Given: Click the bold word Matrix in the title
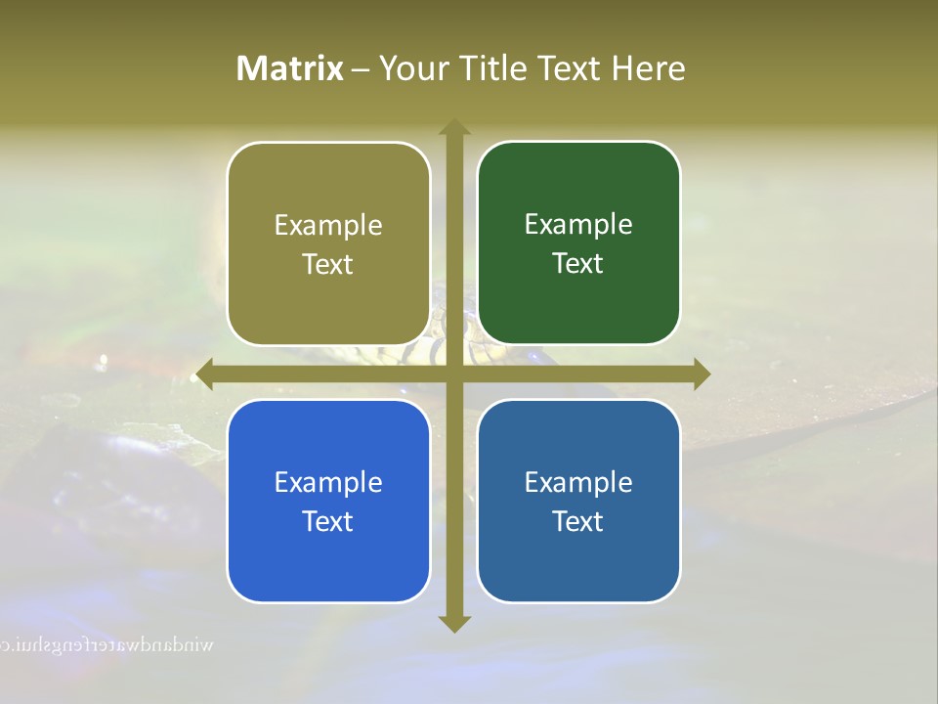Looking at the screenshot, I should click(289, 68).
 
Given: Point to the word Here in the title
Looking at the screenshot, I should click(649, 68).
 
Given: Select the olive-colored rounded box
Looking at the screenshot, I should click(328, 244).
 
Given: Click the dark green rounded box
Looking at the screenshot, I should click(578, 243).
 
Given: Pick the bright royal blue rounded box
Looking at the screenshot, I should click(328, 502).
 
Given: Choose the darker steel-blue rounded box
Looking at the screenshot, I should click(578, 502).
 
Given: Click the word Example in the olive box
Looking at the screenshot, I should click(328, 226).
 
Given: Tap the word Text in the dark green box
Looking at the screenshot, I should click(578, 264).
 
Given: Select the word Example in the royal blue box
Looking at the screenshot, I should click(328, 483).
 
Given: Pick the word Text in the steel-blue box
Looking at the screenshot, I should click(578, 522).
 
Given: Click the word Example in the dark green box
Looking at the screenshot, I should click(578, 225).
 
